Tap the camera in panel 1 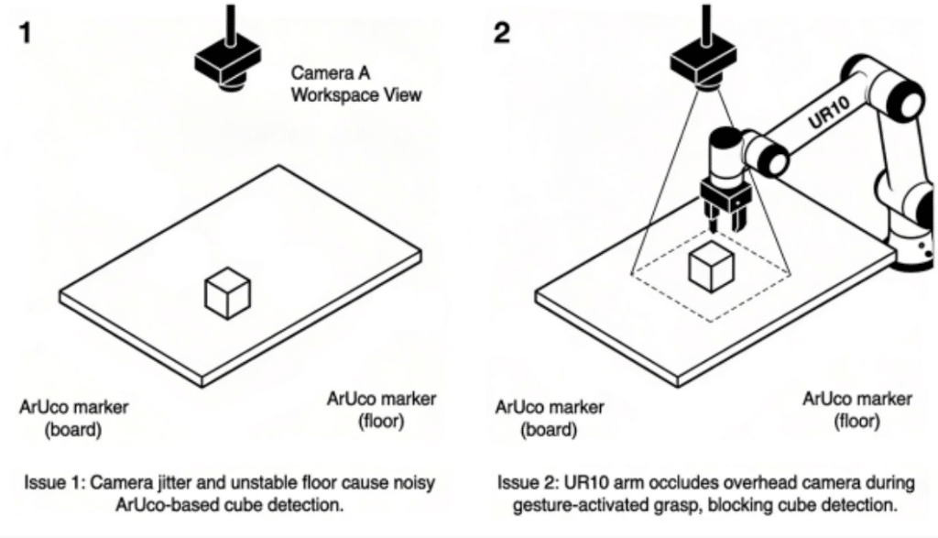pyautogui.click(x=224, y=59)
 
